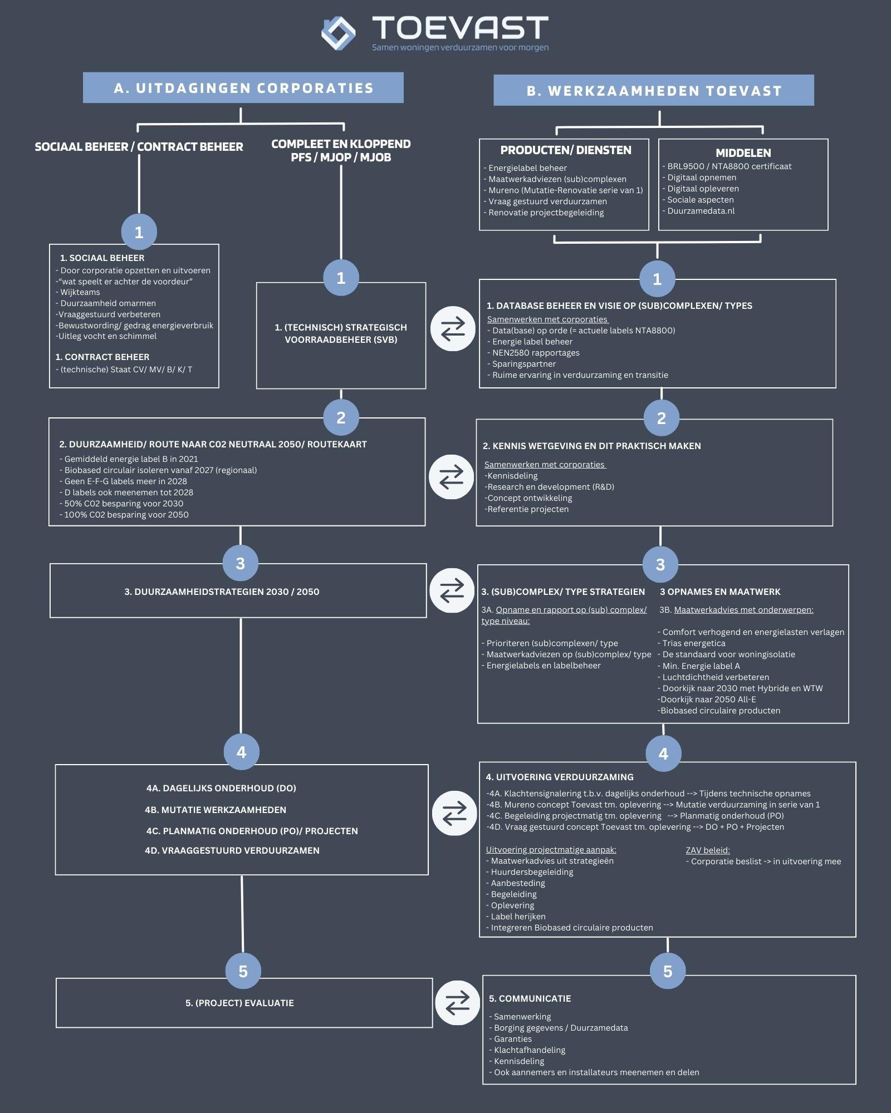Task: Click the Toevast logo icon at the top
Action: [339, 33]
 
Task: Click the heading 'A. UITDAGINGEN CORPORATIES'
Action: [243, 88]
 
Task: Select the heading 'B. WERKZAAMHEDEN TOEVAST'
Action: [654, 91]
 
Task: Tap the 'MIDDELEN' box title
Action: [743, 152]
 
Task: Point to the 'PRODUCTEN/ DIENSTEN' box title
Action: [565, 150]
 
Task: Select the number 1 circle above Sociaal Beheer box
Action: [139, 232]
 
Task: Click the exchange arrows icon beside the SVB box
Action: [453, 329]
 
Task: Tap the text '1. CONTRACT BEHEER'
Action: [102, 357]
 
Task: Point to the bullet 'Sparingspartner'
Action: [523, 364]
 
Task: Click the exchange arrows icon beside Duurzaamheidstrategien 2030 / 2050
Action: [452, 590]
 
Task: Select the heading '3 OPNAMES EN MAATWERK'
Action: [719, 592]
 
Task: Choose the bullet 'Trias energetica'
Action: [693, 643]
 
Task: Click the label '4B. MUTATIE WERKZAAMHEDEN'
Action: [216, 810]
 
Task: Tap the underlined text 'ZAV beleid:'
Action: [708, 850]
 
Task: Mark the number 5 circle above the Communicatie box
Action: [667, 972]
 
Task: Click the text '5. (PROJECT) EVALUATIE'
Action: [239, 1003]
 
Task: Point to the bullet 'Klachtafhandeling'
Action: [529, 1050]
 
